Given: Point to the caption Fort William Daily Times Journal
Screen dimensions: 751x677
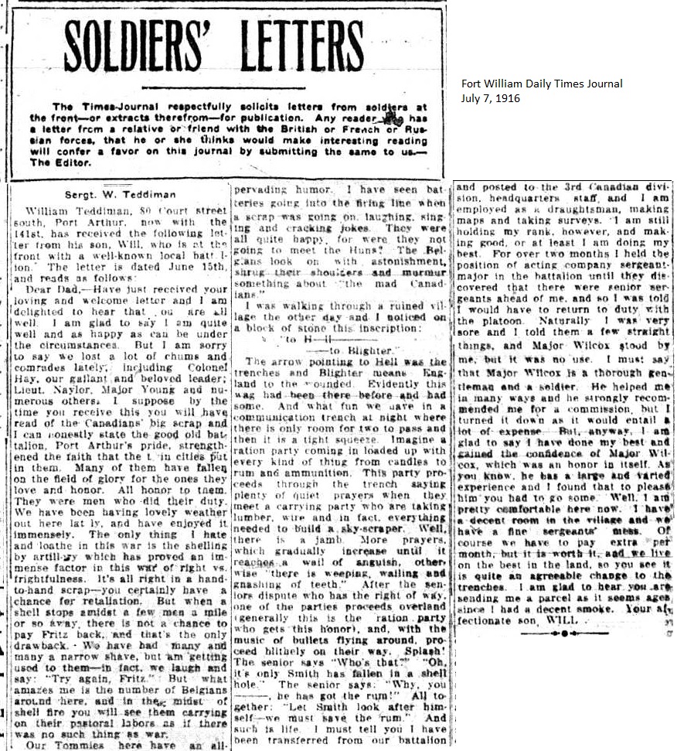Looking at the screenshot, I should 541,84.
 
